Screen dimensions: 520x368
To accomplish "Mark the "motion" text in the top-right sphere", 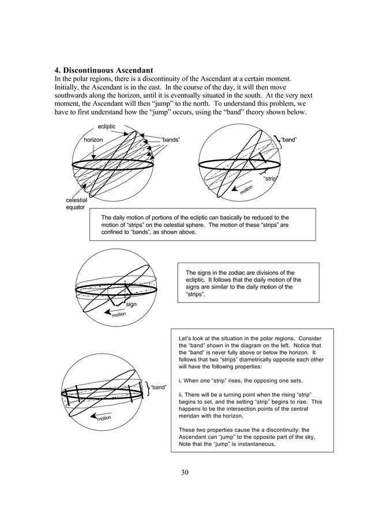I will [x=247, y=188].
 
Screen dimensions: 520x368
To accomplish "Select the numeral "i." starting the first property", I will [x=181, y=381].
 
